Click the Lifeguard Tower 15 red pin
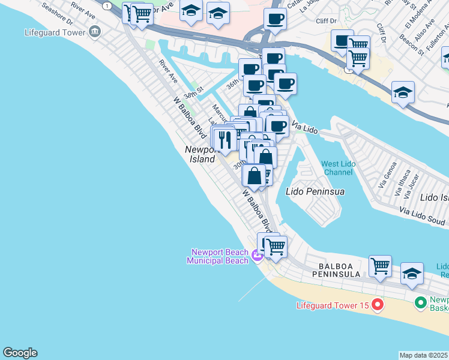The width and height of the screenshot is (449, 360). point(378,305)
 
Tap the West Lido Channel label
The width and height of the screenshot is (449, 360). point(337,168)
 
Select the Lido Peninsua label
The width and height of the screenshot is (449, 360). point(315,191)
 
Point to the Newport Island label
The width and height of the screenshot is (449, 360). point(199,154)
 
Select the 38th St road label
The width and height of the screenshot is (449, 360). point(194,95)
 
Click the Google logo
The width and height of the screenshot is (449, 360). point(20,353)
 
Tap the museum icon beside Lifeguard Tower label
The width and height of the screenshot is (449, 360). point(94,31)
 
